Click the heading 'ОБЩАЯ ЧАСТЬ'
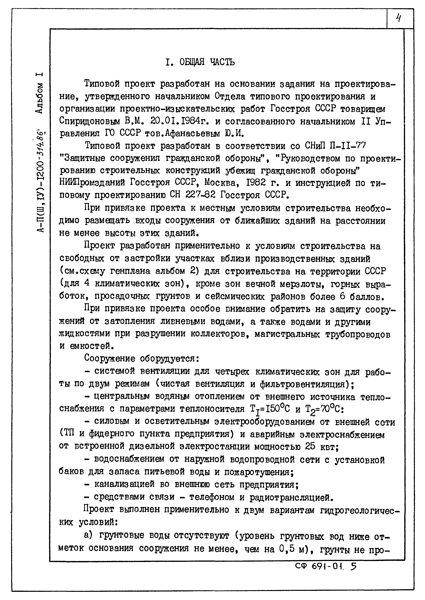coord(207,62)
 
